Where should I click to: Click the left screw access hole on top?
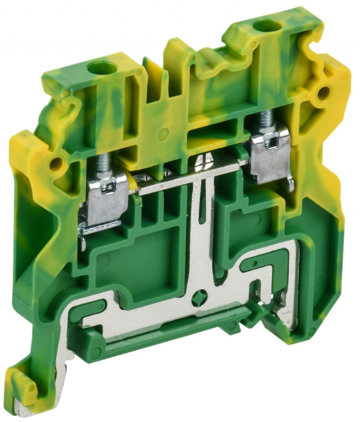point(99,70)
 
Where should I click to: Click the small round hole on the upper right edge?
point(326,92)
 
